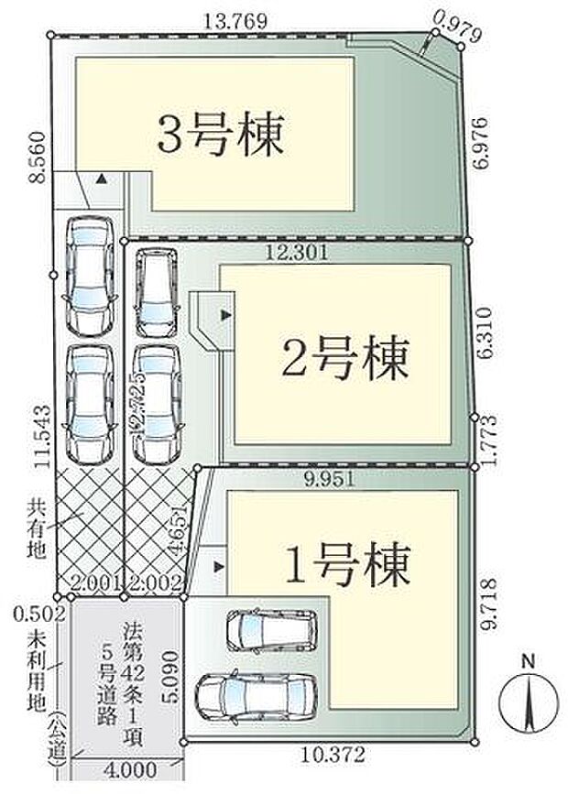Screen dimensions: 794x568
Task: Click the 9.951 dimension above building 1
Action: [333, 478]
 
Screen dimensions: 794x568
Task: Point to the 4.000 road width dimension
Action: [128, 770]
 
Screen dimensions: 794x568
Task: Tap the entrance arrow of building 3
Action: [103, 180]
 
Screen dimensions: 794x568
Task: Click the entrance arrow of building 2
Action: [226, 315]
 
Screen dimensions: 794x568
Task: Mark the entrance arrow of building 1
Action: [217, 568]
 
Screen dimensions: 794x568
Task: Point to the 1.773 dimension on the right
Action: [487, 439]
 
